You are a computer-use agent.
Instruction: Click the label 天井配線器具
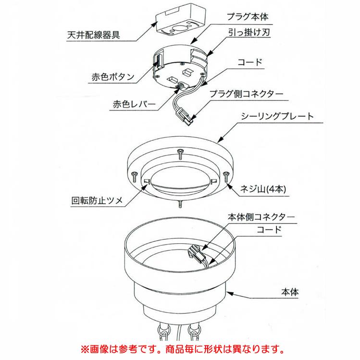[x=95, y=36]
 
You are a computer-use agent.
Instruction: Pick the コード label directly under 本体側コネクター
[x=269, y=230]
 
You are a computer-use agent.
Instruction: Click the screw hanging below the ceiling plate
[x=180, y=204]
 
